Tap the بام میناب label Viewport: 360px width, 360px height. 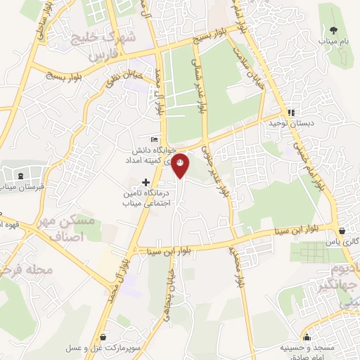tap(333, 43)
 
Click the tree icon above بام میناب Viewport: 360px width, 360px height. tap(333, 31)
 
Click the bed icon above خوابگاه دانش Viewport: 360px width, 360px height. tap(155, 140)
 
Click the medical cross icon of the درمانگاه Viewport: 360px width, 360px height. tap(146, 182)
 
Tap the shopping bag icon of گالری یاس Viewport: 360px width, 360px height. tap(342, 231)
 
